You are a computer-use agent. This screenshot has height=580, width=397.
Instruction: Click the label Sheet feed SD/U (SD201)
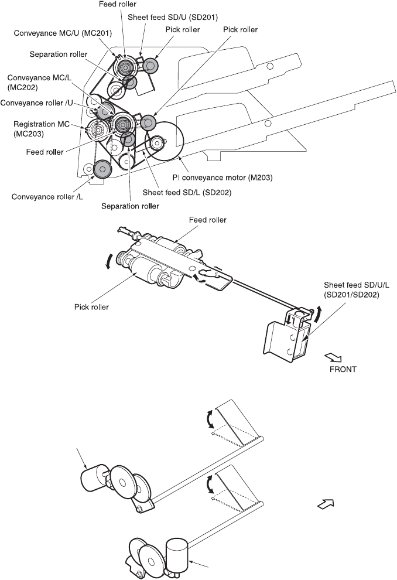173,17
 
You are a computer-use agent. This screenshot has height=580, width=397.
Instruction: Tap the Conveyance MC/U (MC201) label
63,33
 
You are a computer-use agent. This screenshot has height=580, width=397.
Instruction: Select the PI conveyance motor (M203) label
223,178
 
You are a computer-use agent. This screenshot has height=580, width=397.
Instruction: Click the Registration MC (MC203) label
42,129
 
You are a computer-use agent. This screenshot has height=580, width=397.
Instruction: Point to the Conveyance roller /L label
47,196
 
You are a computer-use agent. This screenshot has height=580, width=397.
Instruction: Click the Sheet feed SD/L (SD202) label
187,192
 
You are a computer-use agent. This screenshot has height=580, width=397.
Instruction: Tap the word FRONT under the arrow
343,369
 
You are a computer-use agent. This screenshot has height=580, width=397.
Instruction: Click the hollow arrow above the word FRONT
333,357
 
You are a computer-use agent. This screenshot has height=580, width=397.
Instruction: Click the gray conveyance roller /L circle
102,170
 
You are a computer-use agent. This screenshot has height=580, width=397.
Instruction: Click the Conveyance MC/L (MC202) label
40,83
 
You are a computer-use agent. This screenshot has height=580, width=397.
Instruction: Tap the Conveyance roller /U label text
36,103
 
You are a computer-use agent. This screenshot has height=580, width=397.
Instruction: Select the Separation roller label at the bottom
130,206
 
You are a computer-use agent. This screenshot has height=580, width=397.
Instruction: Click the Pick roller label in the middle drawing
91,307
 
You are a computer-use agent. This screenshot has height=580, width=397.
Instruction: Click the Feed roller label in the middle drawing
208,220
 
